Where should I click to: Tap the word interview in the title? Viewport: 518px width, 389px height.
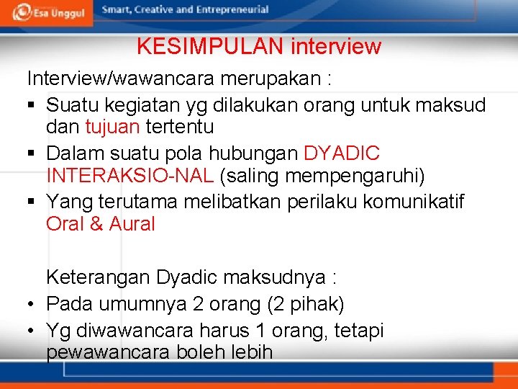click(336, 47)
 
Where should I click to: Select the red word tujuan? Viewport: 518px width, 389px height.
click(113, 128)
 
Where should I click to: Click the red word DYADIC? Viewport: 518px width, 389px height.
click(342, 154)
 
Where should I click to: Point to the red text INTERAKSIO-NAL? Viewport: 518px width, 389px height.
click(130, 175)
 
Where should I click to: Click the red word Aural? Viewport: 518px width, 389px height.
click(132, 224)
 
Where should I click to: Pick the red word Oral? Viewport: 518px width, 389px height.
click(65, 224)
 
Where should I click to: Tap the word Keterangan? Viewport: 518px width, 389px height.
click(98, 277)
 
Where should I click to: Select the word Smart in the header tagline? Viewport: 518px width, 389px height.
click(117, 10)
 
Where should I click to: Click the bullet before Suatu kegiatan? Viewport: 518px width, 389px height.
click(32, 106)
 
